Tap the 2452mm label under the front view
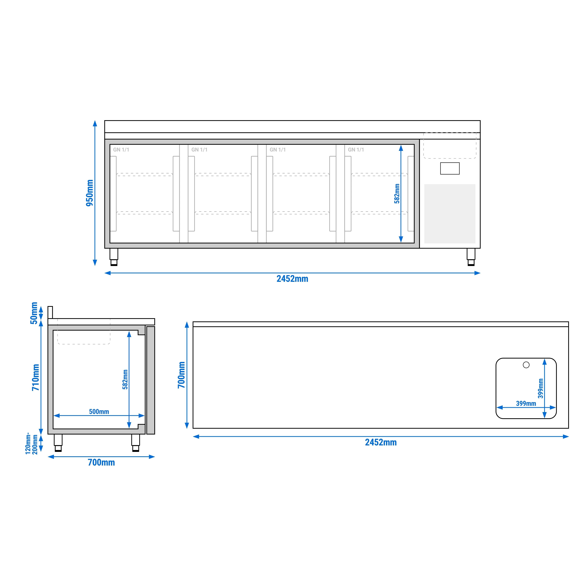tap(292, 279)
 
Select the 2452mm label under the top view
tap(381, 442)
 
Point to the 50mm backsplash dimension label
tap(34, 313)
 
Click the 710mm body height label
tap(36, 377)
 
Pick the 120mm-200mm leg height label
tap(32, 443)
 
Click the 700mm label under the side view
tap(101, 463)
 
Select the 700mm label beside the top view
tap(181, 375)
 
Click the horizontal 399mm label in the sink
tap(526, 404)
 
